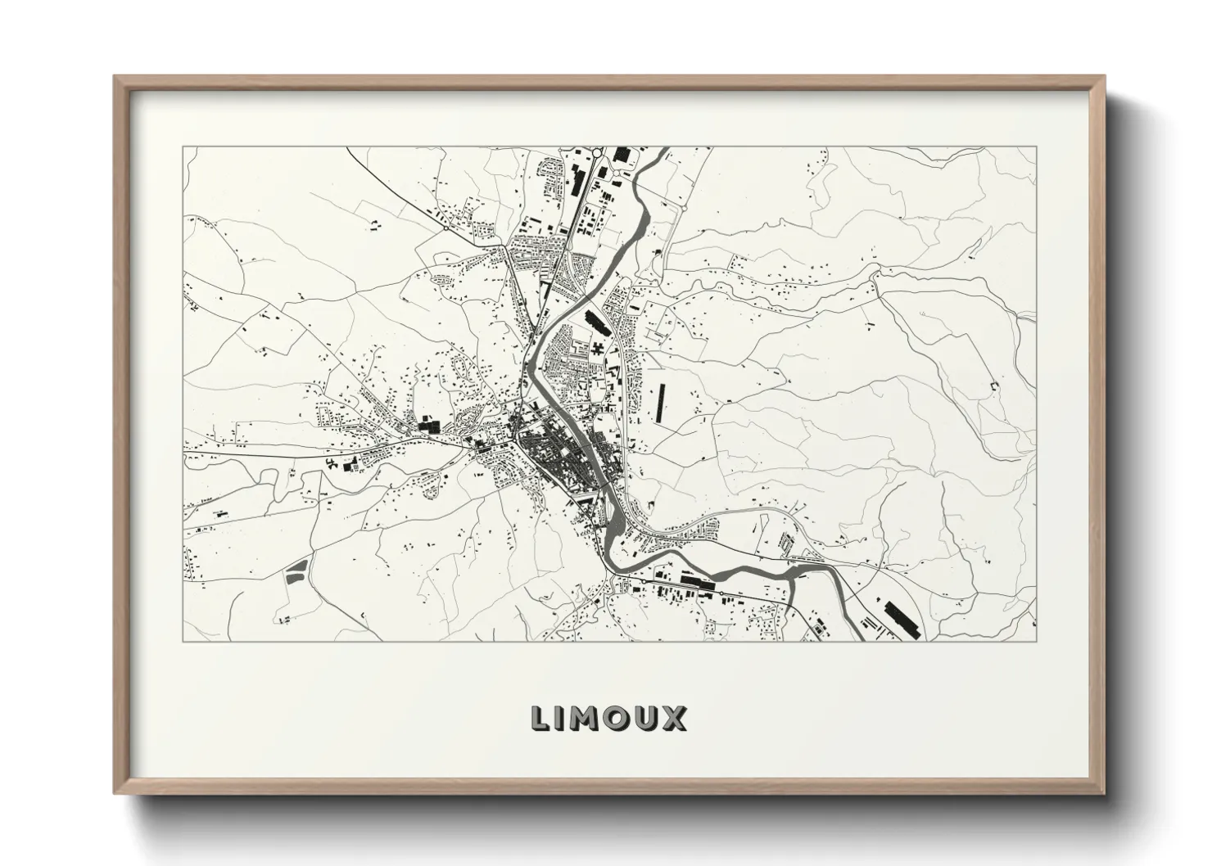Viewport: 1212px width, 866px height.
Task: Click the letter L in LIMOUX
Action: coord(541,718)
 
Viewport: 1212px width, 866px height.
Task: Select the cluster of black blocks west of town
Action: coord(428,425)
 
